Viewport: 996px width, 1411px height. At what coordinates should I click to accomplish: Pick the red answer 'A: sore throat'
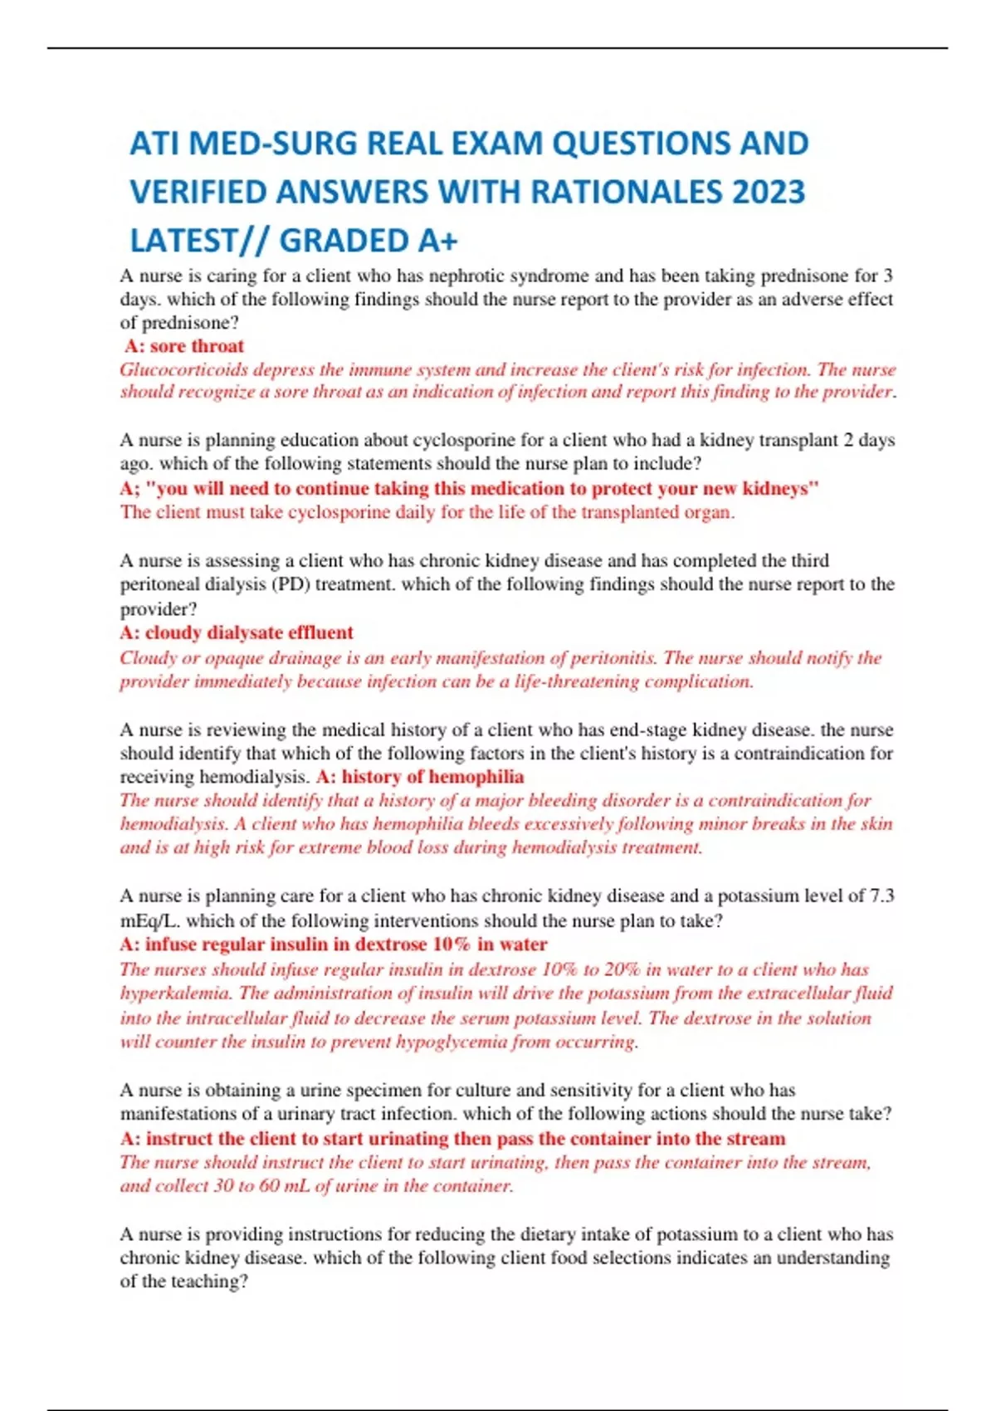click(x=184, y=346)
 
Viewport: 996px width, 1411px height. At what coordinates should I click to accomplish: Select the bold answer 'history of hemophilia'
click(x=432, y=777)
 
